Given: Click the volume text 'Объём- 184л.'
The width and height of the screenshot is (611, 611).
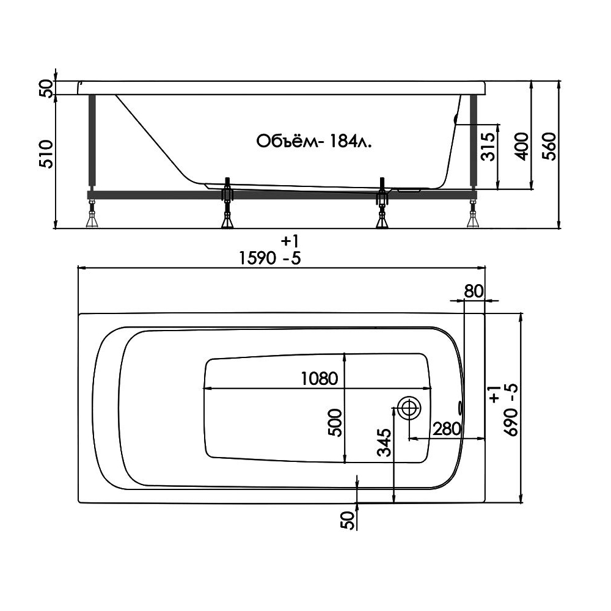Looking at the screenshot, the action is pyautogui.click(x=313, y=142).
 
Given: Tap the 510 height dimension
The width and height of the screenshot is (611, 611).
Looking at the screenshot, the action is pyautogui.click(x=46, y=153).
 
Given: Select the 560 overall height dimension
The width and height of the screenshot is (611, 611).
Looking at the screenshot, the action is pyautogui.click(x=549, y=147).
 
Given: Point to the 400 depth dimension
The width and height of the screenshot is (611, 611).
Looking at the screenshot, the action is pyautogui.click(x=522, y=147).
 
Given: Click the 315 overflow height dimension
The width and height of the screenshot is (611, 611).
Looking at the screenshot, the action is pyautogui.click(x=488, y=147).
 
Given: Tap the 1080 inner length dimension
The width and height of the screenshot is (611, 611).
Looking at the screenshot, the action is pyautogui.click(x=320, y=378).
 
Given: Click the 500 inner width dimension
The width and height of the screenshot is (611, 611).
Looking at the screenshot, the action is pyautogui.click(x=335, y=423).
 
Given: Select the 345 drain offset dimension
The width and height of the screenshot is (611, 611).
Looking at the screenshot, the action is pyautogui.click(x=386, y=442).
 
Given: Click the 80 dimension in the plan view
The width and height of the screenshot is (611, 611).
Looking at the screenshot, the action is pyautogui.click(x=474, y=291).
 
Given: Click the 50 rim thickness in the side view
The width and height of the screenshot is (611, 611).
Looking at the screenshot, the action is pyautogui.click(x=46, y=89).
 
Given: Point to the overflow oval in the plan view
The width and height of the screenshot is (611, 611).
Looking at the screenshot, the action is pyautogui.click(x=461, y=408).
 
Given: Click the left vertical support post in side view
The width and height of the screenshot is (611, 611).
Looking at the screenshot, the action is pyautogui.click(x=92, y=142).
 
